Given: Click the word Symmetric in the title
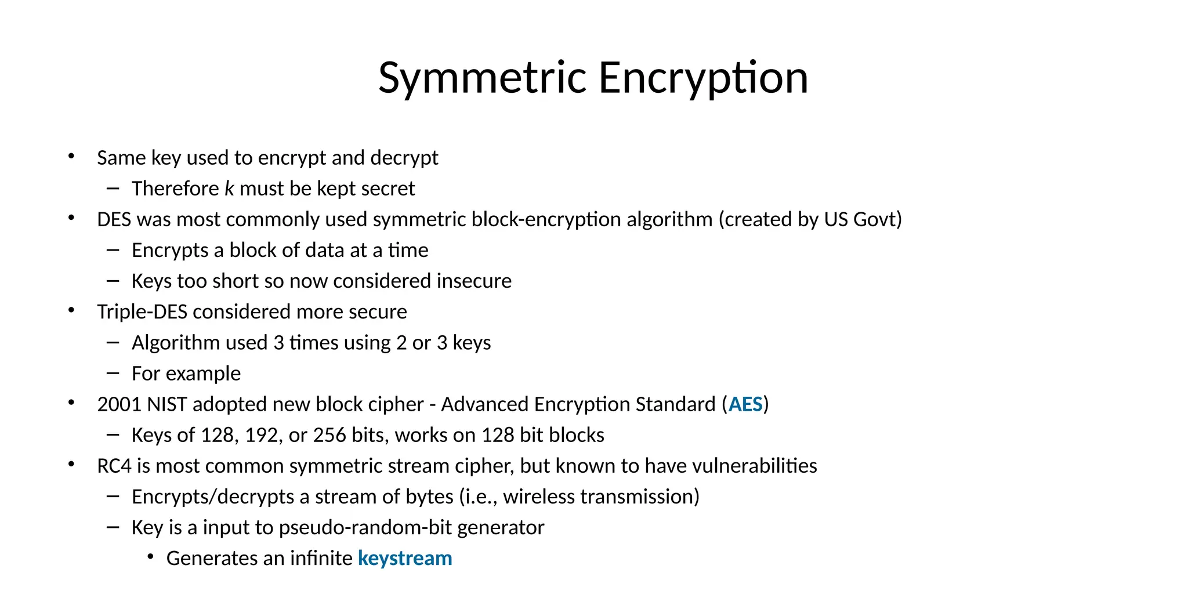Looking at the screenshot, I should (483, 78).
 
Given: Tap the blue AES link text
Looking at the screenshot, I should (745, 404).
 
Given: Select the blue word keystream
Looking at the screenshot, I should (405, 559).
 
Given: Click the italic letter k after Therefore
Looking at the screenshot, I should (229, 189).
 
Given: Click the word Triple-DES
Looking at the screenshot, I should (142, 312).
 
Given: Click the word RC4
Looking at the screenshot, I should (114, 466).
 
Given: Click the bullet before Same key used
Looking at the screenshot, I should (71, 157).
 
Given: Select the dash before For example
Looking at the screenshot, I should (113, 374).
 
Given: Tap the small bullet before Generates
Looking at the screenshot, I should (151, 557).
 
